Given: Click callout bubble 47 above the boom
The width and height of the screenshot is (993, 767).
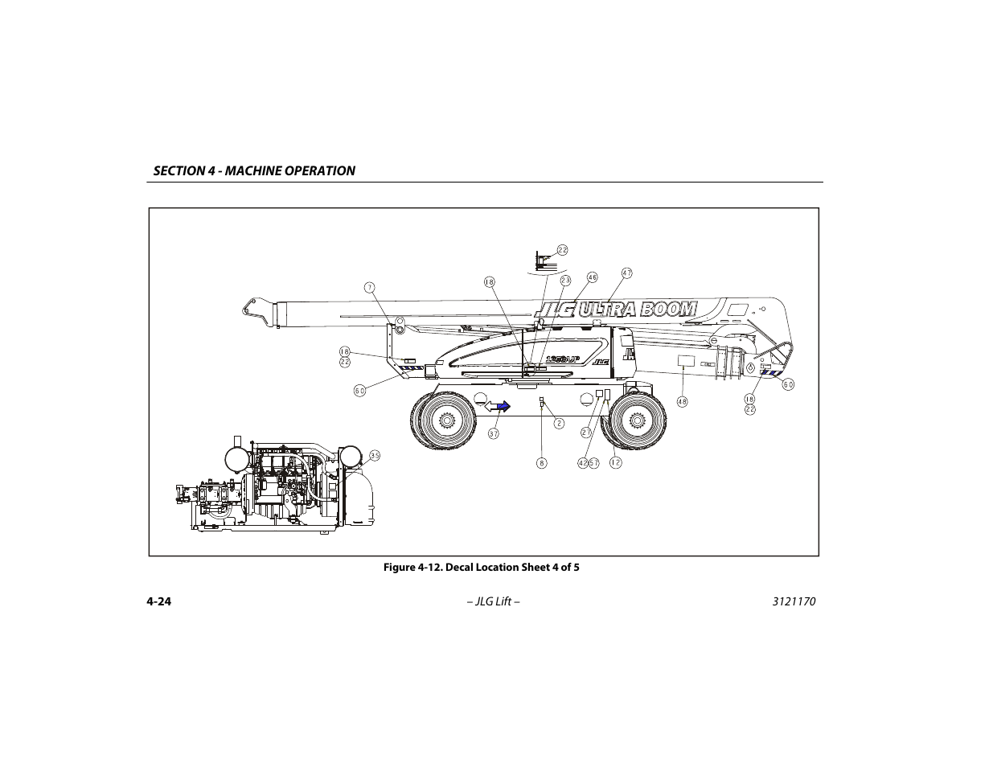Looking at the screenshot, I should pyautogui.click(x=626, y=273).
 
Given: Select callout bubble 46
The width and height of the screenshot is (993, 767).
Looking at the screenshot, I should pyautogui.click(x=592, y=277).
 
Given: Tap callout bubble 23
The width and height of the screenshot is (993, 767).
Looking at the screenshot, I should pyautogui.click(x=565, y=281).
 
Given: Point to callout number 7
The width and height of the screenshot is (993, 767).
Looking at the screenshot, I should pyautogui.click(x=369, y=287).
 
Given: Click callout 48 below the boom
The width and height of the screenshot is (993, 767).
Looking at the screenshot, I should pyautogui.click(x=682, y=402).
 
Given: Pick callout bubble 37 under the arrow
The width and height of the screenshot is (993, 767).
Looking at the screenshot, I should pyautogui.click(x=494, y=433).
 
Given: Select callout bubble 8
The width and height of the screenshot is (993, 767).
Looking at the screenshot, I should pyautogui.click(x=542, y=462).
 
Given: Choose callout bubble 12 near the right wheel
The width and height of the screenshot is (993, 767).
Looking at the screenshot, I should pyautogui.click(x=615, y=462).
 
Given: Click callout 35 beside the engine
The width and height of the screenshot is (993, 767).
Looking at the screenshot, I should pyautogui.click(x=375, y=456).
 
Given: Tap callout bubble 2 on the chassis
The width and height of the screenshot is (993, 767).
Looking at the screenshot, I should pyautogui.click(x=559, y=422).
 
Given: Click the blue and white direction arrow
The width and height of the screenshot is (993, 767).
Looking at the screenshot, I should pyautogui.click(x=497, y=407).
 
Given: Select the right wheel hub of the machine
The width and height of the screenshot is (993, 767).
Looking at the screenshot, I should pyautogui.click(x=637, y=420).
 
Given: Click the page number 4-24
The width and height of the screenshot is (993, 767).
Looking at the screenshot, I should pyautogui.click(x=160, y=602).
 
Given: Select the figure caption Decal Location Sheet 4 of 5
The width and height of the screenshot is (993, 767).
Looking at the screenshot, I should pyautogui.click(x=481, y=568).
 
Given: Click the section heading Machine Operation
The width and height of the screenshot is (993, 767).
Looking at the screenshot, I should pyautogui.click(x=254, y=170).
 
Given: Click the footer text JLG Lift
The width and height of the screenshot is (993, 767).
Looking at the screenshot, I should pyautogui.click(x=496, y=602).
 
